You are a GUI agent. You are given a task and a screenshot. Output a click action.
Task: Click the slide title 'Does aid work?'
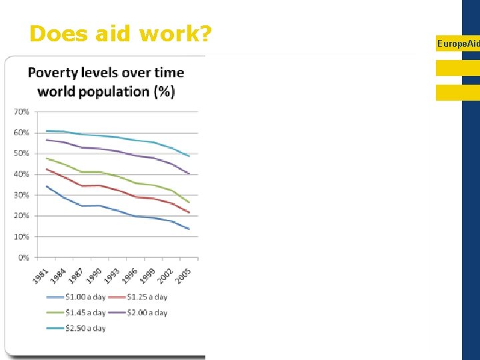[120, 33]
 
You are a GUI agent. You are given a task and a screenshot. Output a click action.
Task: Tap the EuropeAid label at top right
[458, 43]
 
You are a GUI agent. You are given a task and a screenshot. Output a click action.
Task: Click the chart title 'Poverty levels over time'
[106, 72]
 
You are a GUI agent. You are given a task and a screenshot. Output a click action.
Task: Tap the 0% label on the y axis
[23, 257]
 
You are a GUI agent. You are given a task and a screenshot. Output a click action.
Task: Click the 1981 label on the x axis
[41, 274]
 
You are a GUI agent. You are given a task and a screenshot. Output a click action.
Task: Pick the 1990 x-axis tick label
[95, 274]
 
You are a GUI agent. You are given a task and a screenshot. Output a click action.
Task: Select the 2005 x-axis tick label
[185, 274]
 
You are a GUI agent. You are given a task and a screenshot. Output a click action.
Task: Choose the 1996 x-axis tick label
[131, 274]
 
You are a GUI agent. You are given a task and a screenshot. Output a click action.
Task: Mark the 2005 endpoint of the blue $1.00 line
[189, 229]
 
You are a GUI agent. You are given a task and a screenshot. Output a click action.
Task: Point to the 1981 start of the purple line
[46, 139]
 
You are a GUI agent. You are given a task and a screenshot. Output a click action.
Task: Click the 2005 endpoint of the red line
[189, 213]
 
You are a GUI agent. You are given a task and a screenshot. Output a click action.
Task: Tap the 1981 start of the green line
[46, 158]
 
